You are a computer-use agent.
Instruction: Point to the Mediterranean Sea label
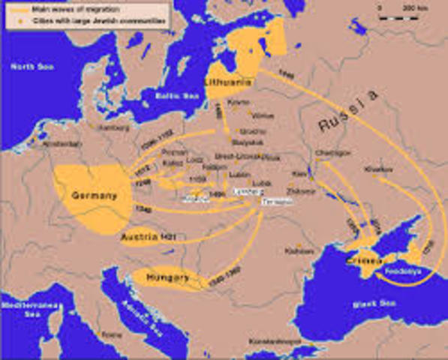coord(23,310)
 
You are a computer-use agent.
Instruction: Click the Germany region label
coord(94,196)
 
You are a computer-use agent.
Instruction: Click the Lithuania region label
coord(225,80)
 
